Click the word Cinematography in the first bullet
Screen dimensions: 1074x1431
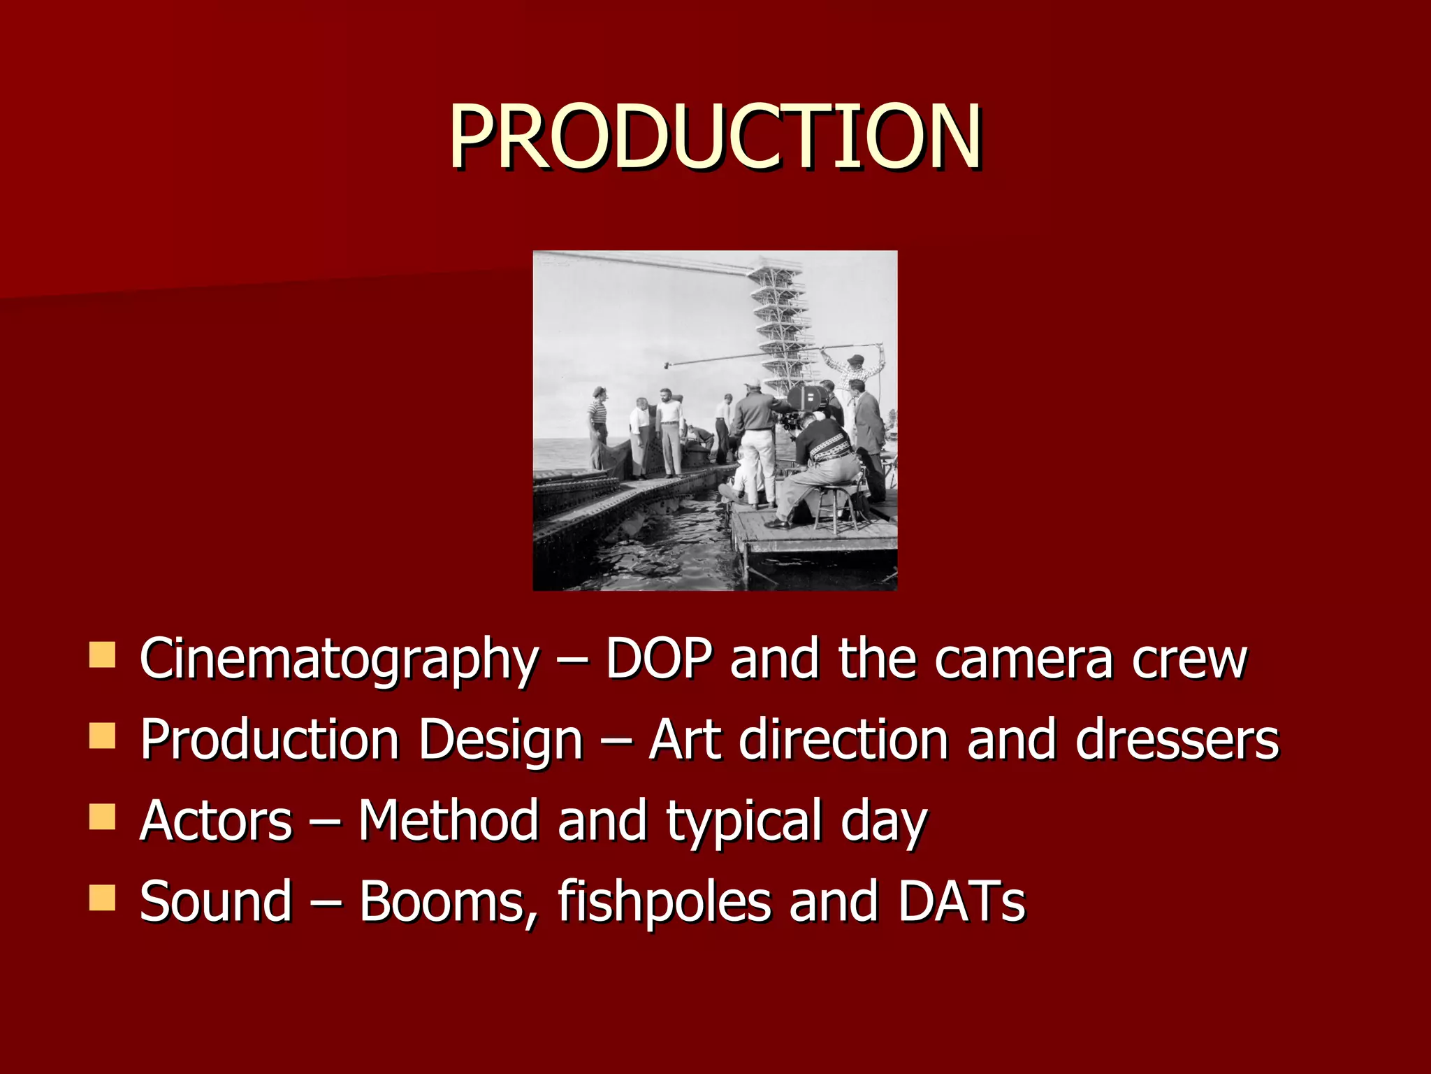coord(339,659)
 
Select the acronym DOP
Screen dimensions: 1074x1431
coord(659,659)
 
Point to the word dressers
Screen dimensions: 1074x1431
coord(1177,740)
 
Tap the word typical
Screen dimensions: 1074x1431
coord(743,822)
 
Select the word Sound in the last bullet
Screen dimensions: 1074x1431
coord(216,901)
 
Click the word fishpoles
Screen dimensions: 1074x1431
coord(664,901)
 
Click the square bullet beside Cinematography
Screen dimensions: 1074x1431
coord(102,655)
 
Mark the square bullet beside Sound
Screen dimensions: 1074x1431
coord(102,898)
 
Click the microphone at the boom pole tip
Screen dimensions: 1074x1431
coord(668,364)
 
